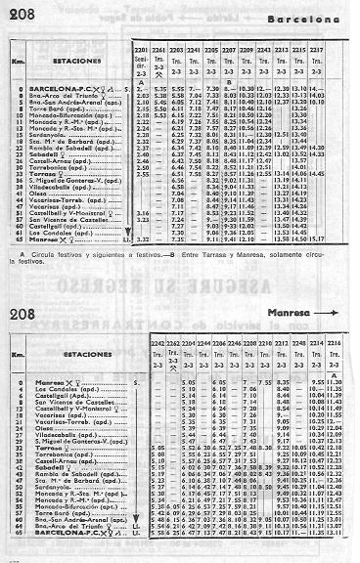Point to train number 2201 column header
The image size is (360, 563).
point(140,48)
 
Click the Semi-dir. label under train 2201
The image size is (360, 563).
point(140,61)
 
